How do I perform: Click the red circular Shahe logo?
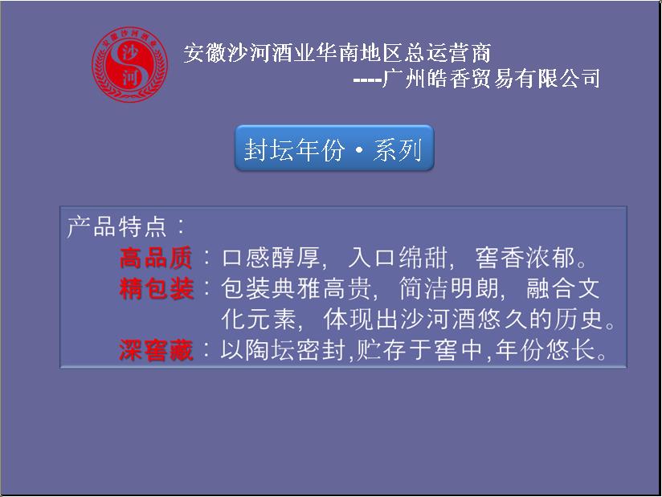coord(129,64)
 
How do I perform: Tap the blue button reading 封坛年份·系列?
coord(334,148)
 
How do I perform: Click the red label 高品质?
coord(156,258)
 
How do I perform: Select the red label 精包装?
coord(156,289)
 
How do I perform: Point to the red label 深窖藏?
coord(156,350)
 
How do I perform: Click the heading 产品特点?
coord(117,226)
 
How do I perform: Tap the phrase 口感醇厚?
coord(271,258)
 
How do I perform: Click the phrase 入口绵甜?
coord(398,258)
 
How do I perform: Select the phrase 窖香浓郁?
coord(525,258)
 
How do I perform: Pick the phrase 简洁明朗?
coord(448,289)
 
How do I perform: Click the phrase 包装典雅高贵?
coord(296,289)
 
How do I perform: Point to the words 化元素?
coord(259,320)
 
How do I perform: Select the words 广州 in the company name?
coord(403,79)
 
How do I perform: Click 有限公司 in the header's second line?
coord(558,79)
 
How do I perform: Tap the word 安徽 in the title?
coord(205,53)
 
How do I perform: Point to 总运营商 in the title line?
coord(447,53)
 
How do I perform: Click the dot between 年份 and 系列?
coord(358,151)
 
